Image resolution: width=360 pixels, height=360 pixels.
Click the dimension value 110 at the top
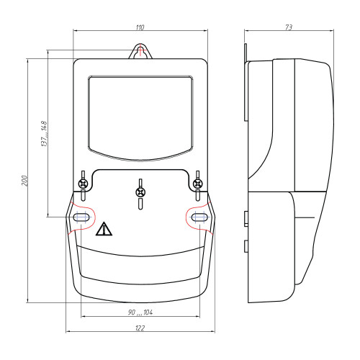140,27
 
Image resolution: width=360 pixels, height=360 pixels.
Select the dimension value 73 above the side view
288,27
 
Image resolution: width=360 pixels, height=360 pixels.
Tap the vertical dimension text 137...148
44,134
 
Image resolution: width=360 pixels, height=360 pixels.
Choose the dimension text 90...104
140,312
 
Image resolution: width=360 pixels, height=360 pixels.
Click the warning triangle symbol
105,230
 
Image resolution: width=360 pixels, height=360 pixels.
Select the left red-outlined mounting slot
82,216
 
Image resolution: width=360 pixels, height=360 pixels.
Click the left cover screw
84,184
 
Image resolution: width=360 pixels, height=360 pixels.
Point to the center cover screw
140,192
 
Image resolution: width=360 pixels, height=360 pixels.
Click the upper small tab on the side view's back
246,217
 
